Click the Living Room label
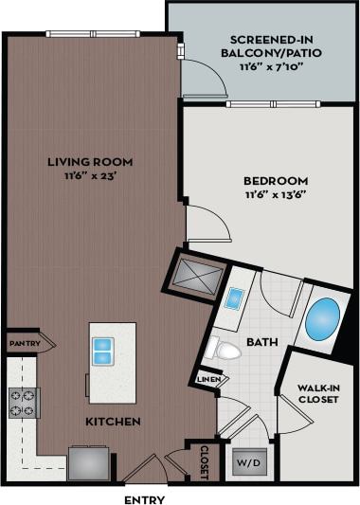[90, 162]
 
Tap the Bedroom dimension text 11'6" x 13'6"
[277, 195]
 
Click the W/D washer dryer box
[250, 463]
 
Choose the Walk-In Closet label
[317, 391]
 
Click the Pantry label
[22, 343]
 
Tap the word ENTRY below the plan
[145, 499]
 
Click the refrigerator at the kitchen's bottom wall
[88, 464]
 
